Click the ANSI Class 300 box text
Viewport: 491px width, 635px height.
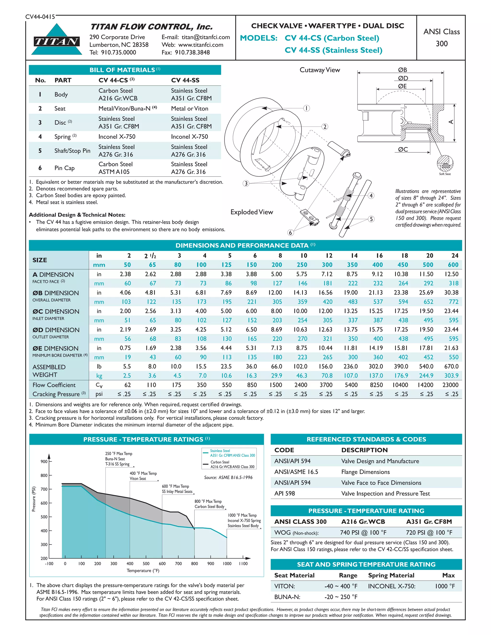pos(441,38)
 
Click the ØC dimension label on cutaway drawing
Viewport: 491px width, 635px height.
pos(403,150)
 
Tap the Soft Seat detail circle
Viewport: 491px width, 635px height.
pos(445,164)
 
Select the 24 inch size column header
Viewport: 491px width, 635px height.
pos(455,256)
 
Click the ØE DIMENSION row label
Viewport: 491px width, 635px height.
pos(55,348)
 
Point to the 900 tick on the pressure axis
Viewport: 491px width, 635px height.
pos(44,462)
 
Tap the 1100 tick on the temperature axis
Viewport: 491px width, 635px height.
pos(243,564)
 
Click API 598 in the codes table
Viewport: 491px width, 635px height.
pos(285,493)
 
